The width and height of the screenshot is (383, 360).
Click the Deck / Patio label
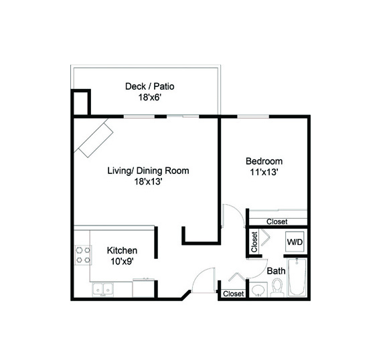[150, 86]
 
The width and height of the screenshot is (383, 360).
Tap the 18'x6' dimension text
[150, 98]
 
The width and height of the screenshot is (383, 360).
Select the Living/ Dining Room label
[148, 171]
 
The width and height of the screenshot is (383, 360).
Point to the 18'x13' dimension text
[148, 181]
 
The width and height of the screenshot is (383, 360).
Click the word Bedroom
[264, 161]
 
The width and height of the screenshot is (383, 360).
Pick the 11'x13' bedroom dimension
[264, 173]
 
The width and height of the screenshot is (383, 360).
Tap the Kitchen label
[122, 250]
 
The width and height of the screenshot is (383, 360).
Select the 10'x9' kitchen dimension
[122, 262]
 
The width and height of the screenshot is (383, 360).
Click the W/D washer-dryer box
[295, 242]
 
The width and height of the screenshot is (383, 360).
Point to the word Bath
[276, 271]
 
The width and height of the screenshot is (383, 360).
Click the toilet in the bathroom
[277, 288]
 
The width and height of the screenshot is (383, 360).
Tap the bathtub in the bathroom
[297, 277]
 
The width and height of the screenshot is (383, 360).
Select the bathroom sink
[258, 290]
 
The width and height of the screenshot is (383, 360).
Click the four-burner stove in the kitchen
[83, 255]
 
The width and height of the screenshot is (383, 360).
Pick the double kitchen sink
[103, 290]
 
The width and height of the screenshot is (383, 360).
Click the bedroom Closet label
[277, 221]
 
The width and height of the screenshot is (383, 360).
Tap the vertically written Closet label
[254, 242]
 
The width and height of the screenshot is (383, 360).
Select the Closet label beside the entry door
[234, 294]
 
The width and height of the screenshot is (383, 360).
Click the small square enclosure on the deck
[81, 102]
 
